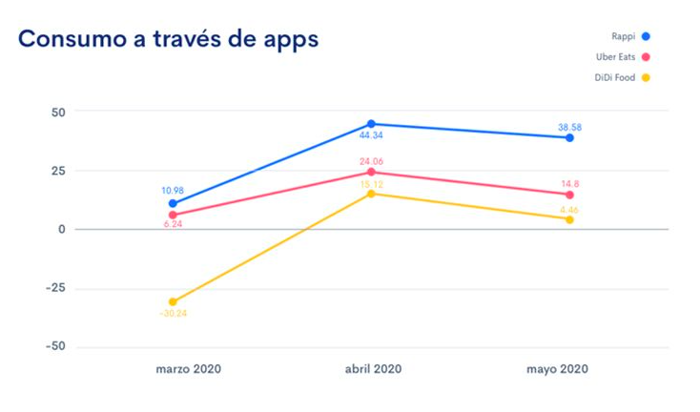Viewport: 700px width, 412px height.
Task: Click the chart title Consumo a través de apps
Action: tap(168, 39)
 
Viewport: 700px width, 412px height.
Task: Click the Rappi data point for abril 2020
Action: tap(371, 124)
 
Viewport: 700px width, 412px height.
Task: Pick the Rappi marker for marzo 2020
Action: tap(173, 203)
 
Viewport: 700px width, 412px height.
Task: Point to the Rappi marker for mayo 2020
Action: tap(569, 137)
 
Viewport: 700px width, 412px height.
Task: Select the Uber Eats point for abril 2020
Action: tap(371, 172)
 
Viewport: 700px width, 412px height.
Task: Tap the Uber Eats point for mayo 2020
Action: tap(569, 195)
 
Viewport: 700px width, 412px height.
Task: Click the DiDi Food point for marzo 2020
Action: tap(173, 301)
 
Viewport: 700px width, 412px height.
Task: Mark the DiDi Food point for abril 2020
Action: tap(371, 194)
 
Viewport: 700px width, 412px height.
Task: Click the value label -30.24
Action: tap(172, 314)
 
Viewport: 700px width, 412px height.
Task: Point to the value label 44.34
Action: tap(371, 136)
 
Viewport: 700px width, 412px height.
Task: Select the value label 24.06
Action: tap(371, 161)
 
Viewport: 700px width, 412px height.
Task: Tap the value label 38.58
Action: tap(569, 125)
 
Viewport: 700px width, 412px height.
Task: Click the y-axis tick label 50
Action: tap(58, 112)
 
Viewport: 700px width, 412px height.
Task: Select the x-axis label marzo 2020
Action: tap(188, 369)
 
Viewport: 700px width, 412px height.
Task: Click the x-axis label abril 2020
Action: tap(373, 369)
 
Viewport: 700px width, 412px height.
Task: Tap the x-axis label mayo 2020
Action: tap(557, 369)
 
